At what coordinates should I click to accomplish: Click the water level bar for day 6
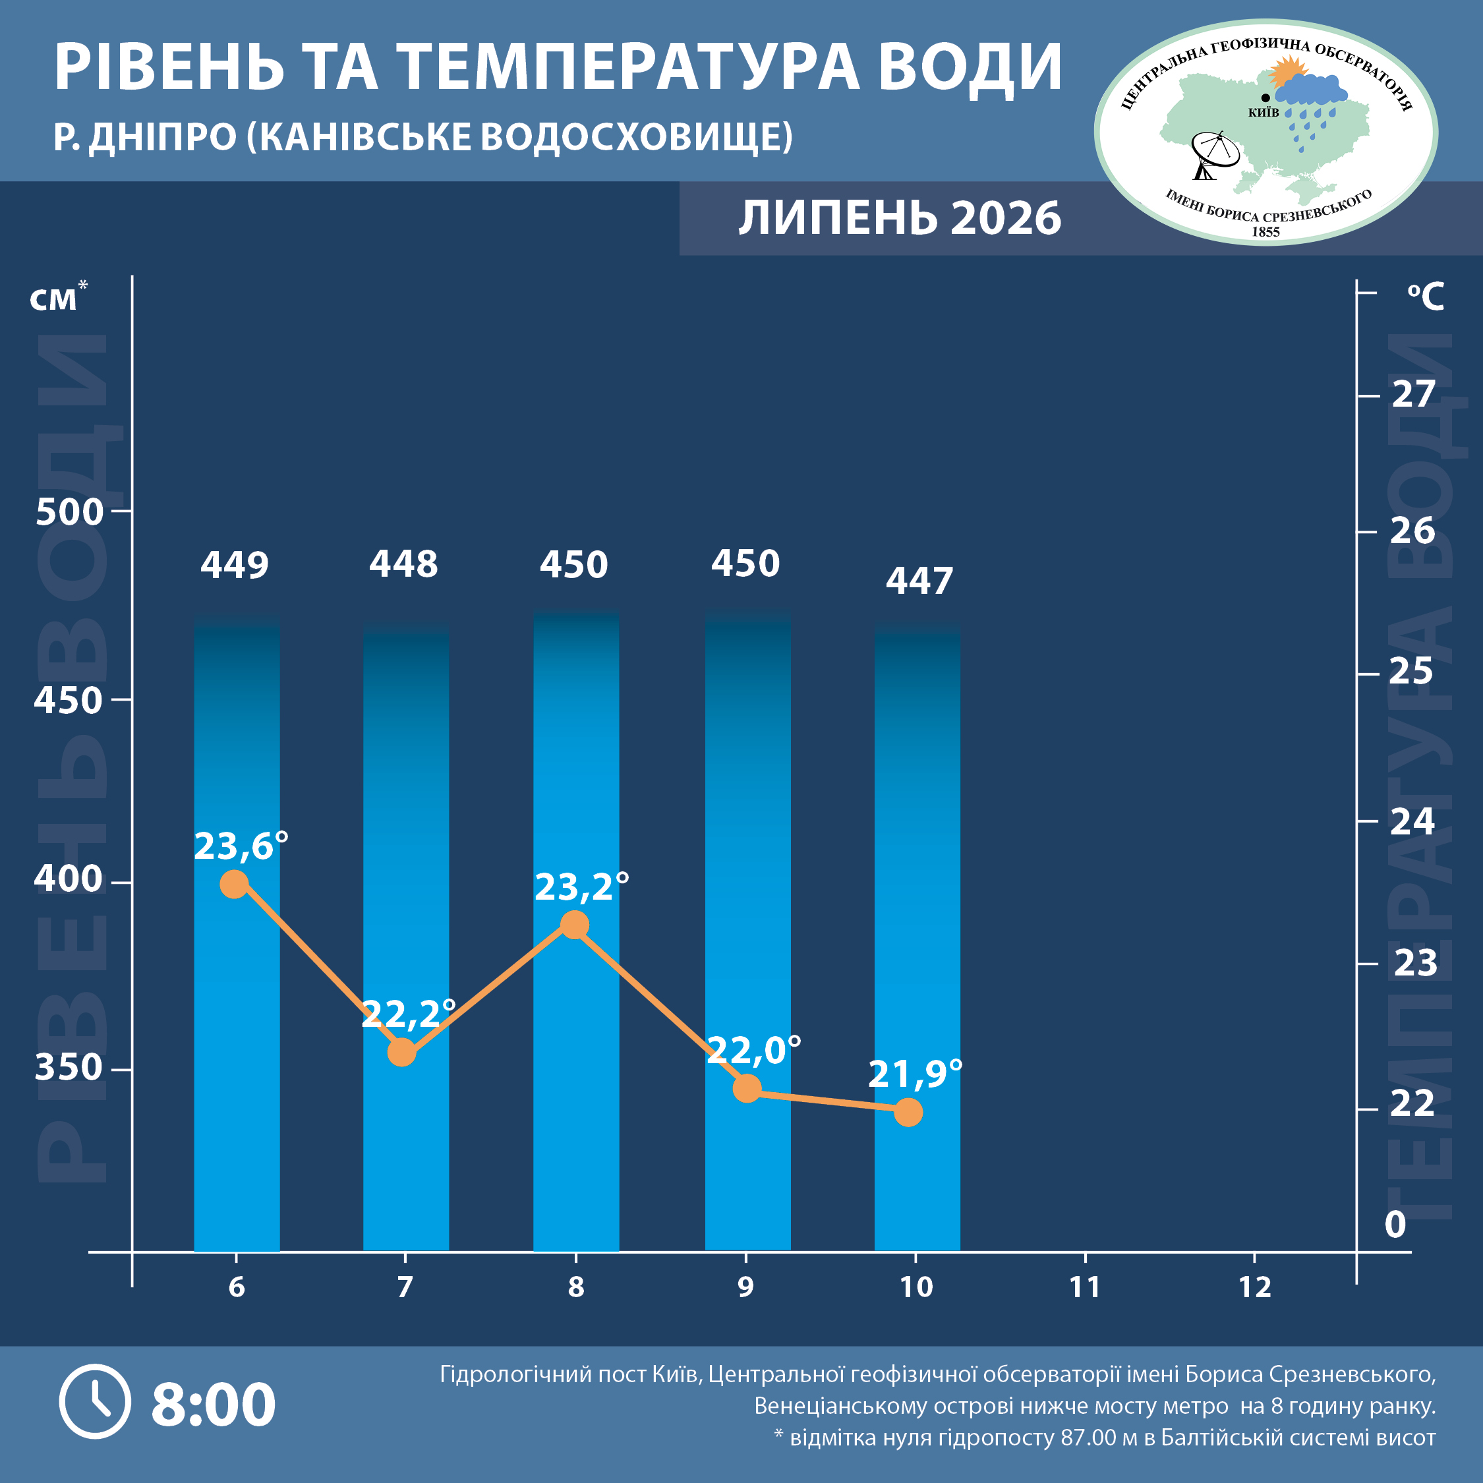237,932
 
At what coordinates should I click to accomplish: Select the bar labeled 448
406,936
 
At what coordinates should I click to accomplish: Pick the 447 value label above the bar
919,581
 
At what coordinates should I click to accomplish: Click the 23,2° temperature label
582,887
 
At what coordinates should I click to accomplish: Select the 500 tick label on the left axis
69,511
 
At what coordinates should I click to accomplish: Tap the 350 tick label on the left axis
69,1067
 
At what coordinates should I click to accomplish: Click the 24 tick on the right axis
1412,821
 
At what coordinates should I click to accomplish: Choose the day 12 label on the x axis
1255,1287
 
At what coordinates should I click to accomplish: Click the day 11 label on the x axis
1085,1287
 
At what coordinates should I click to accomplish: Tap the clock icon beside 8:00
95,1402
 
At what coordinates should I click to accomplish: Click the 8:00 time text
214,1404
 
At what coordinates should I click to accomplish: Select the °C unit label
1426,297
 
